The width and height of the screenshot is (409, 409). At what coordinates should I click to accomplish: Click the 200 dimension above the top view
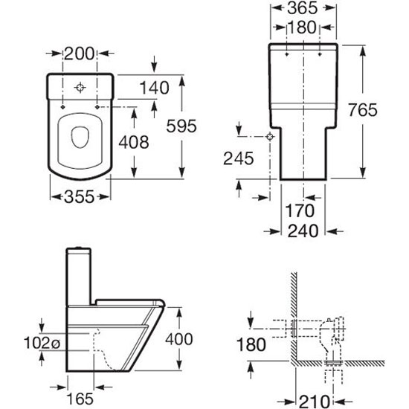click(x=79, y=54)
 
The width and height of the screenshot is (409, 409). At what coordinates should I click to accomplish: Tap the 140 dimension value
click(x=155, y=88)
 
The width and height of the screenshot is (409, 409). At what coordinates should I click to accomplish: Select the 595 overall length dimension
click(x=181, y=126)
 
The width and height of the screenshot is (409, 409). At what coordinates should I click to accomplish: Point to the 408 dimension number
click(x=134, y=142)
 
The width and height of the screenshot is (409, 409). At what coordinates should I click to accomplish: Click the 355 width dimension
click(x=79, y=196)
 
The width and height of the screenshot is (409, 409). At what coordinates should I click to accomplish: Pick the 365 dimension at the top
click(x=303, y=8)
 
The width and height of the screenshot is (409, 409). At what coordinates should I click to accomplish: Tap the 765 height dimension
click(x=363, y=109)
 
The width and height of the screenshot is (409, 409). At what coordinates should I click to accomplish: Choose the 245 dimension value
click(x=239, y=158)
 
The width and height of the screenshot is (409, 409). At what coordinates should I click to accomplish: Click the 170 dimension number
click(x=300, y=210)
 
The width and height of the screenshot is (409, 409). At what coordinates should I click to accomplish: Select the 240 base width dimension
click(x=303, y=231)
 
